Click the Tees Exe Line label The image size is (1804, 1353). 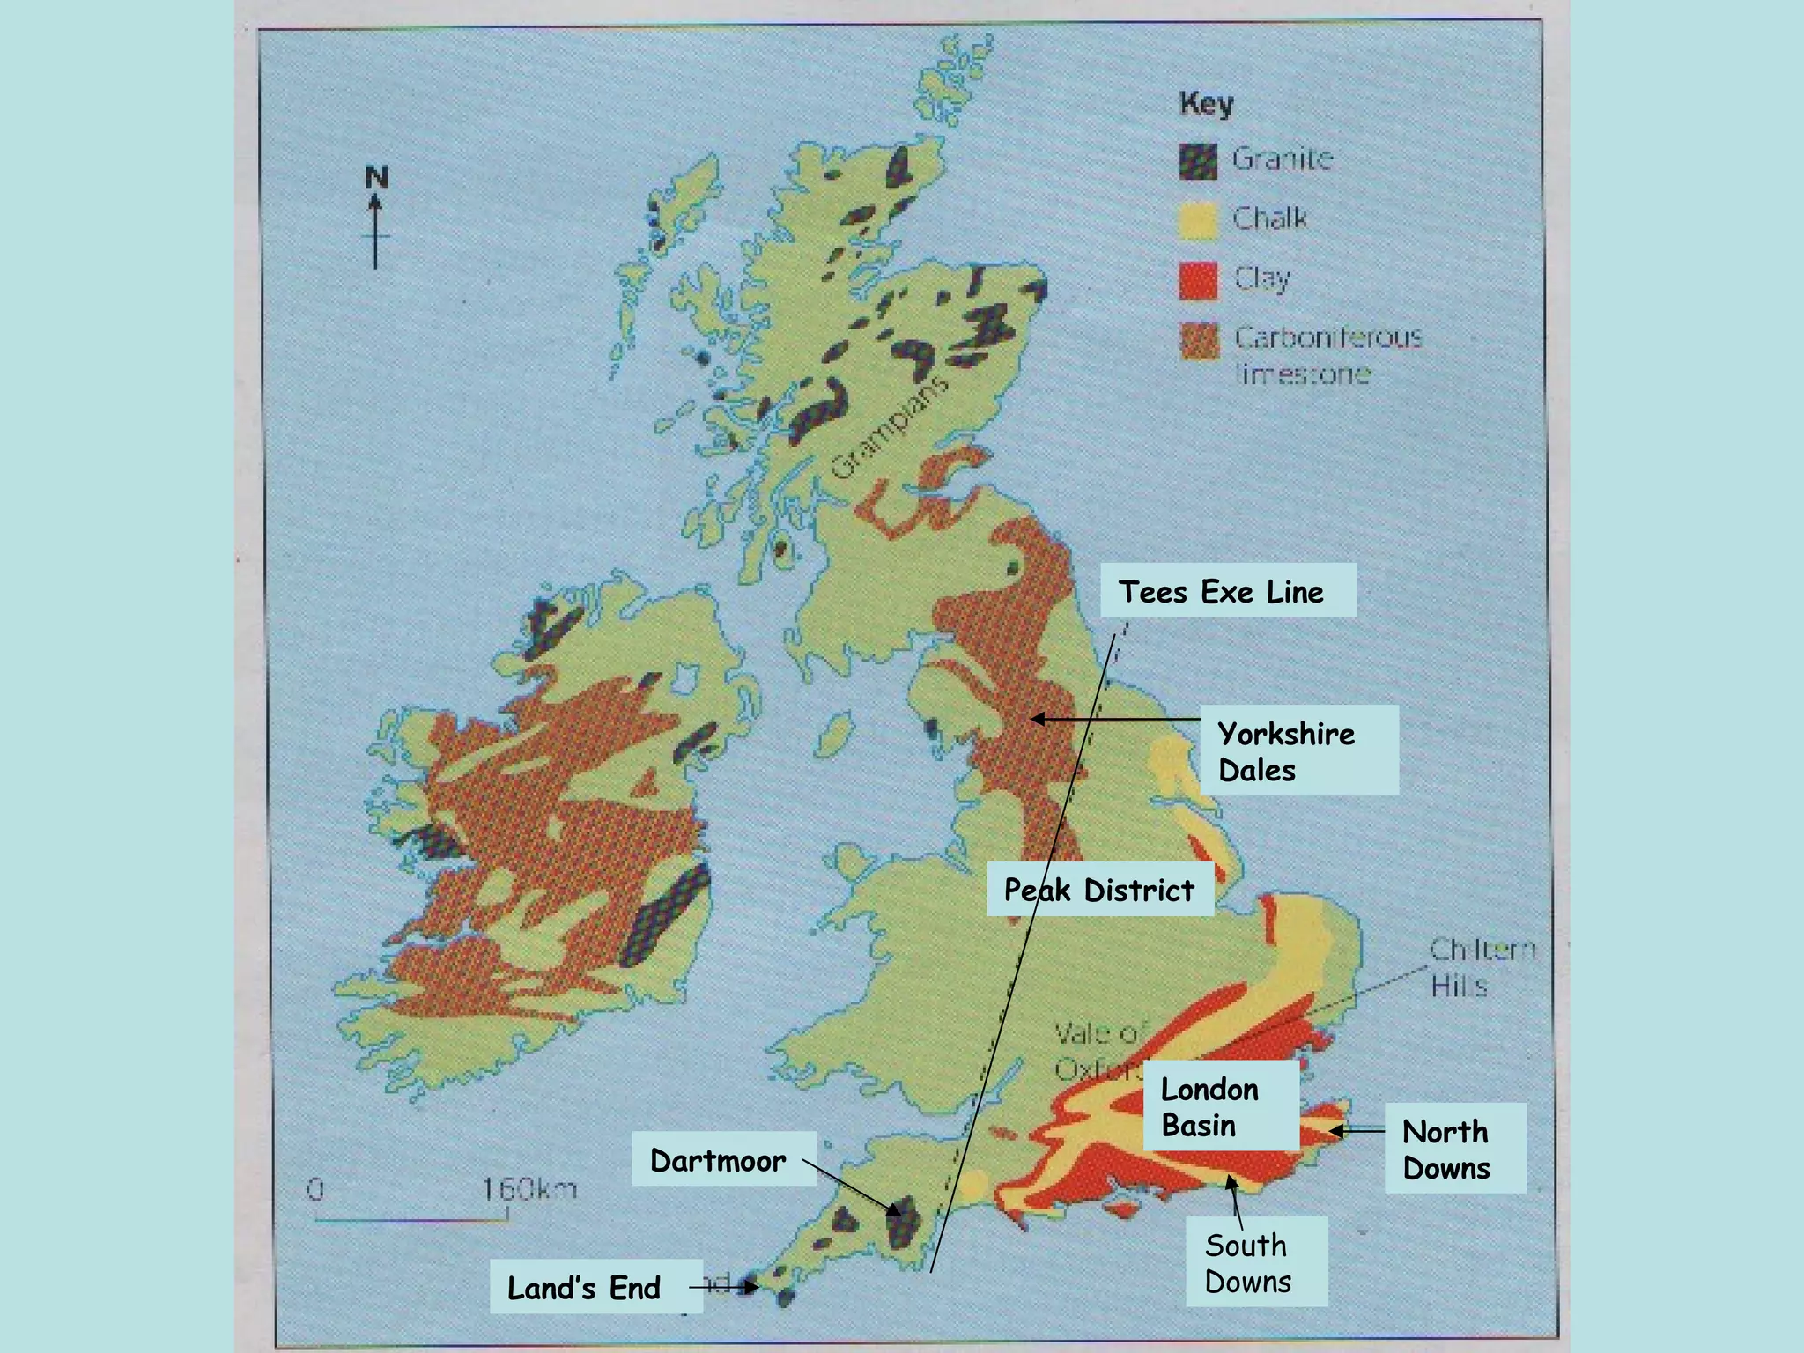1227,591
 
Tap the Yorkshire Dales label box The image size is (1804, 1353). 1298,750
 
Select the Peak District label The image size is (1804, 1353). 1099,890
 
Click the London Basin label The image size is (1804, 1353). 1220,1106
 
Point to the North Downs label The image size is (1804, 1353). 1454,1149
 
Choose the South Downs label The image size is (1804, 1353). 1255,1262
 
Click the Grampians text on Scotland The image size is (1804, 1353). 889,426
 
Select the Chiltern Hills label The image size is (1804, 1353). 1481,966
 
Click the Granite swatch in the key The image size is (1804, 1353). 1198,161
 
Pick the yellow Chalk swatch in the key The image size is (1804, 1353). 1198,220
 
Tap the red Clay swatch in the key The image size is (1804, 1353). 1198,280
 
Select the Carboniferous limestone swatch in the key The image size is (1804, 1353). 1200,340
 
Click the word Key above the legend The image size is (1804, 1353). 1206,103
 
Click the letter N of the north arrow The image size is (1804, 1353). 376,177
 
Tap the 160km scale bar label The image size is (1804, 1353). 529,1189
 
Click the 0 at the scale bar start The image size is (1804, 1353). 315,1189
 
